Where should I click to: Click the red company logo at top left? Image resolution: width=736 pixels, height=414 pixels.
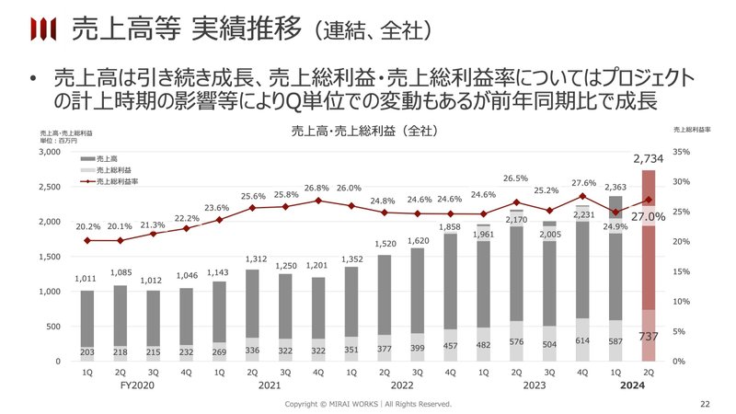(41, 30)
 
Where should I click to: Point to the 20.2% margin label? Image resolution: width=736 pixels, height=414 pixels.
(86, 227)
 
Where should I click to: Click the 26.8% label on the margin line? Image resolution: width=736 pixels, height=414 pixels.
(316, 188)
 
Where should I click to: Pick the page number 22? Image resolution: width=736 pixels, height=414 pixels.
(706, 404)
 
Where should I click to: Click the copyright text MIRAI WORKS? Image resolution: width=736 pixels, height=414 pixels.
(368, 404)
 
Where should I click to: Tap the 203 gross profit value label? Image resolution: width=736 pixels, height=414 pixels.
(86, 351)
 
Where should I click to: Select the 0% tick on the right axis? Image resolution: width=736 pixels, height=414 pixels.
(680, 362)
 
